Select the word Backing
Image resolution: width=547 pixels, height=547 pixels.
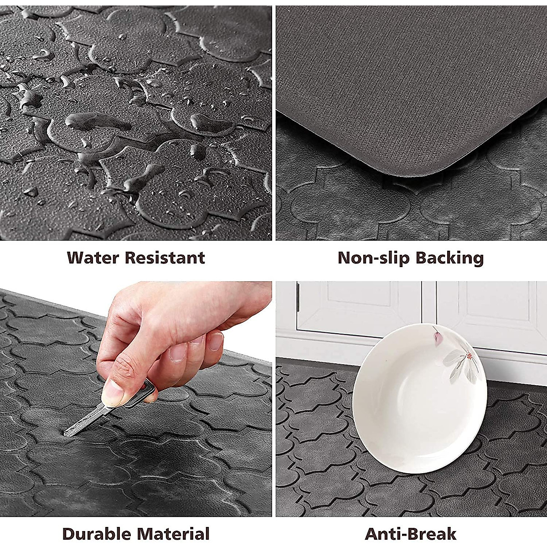click(x=449, y=258)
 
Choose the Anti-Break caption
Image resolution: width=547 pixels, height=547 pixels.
click(x=410, y=534)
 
